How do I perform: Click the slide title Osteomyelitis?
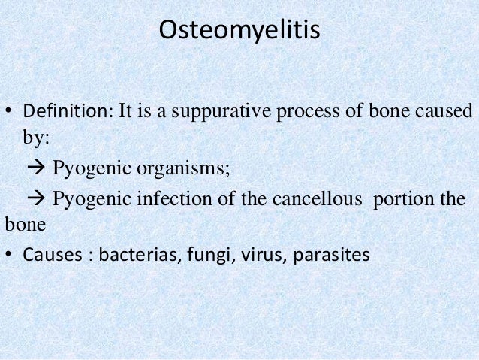coord(239,32)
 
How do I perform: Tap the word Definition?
coord(64,113)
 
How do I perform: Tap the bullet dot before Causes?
coord(9,255)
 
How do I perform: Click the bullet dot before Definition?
coord(9,113)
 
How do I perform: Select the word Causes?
coord(47,254)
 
